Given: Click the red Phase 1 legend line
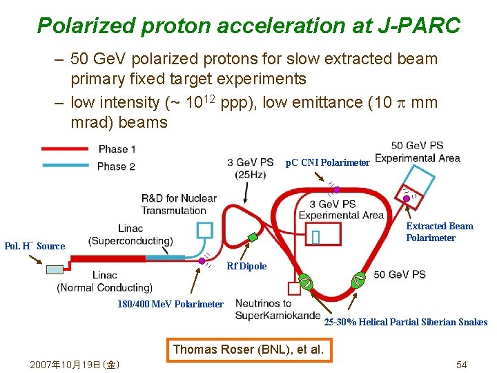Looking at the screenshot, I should [x=65, y=149].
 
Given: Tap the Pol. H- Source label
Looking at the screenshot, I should [x=35, y=246].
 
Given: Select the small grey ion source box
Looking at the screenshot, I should [x=55, y=269].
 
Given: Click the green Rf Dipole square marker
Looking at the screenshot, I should [x=253, y=238].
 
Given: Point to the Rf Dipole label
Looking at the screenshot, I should [x=246, y=266].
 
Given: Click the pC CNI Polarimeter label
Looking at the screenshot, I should [x=327, y=163].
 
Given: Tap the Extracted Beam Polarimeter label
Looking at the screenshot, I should [x=439, y=232].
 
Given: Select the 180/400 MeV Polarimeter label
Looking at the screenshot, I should [x=170, y=304].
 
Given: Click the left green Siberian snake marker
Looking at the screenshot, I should [x=305, y=281].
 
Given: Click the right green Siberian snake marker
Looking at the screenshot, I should [x=358, y=280].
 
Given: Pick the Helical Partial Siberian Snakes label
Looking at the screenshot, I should [x=405, y=322].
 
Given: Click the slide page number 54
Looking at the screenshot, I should [x=462, y=364].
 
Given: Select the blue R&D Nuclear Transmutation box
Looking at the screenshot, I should [x=205, y=229].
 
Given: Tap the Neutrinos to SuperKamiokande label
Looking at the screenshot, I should [x=263, y=309].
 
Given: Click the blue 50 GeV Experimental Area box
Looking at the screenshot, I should [x=419, y=181].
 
